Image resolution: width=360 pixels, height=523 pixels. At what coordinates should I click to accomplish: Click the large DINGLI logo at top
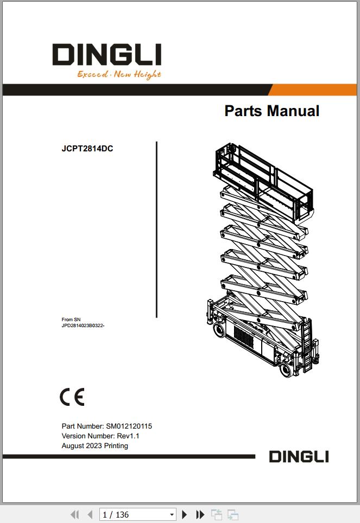[107, 54]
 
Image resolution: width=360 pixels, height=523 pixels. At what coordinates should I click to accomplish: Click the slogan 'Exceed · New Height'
[119, 74]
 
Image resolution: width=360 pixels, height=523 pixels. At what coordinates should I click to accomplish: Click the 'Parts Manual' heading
[272, 111]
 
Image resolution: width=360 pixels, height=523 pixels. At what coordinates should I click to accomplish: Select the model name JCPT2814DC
[87, 149]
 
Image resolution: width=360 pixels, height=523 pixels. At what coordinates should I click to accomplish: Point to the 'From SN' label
[71, 320]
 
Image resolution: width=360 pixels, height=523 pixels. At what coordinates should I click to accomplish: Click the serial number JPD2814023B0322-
[83, 326]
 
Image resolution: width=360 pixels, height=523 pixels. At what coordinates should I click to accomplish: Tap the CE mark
[72, 397]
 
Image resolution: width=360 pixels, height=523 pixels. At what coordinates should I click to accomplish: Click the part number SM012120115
[129, 426]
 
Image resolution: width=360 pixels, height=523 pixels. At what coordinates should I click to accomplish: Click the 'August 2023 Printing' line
[95, 446]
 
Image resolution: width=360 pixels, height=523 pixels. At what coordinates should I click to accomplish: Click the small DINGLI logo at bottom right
[299, 457]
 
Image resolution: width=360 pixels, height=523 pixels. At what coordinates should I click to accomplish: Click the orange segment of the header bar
[313, 90]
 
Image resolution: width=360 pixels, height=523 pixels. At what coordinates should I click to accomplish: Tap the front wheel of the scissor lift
[287, 369]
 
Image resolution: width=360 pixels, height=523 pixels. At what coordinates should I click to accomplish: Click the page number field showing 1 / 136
[138, 515]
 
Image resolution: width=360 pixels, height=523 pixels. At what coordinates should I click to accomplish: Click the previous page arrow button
[90, 515]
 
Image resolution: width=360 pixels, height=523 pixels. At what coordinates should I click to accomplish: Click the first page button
[75, 515]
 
